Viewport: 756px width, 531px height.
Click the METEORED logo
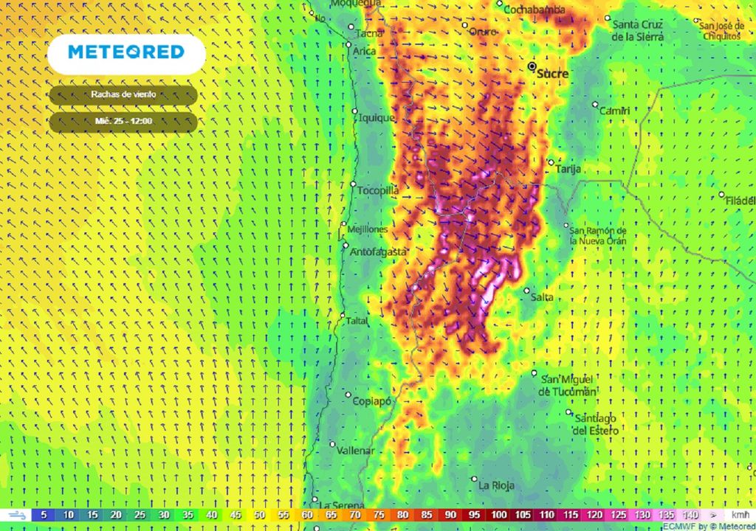pos(126,52)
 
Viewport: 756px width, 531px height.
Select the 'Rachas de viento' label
pos(123,94)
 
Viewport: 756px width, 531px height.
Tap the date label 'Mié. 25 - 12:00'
pos(123,121)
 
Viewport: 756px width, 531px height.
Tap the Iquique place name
pos(377,118)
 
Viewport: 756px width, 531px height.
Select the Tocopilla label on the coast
pos(378,190)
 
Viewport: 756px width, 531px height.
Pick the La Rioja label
pos(496,485)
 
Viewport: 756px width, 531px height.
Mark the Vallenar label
pos(356,450)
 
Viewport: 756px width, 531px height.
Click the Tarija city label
pos(568,169)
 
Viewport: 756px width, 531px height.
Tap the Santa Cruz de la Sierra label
pos(637,30)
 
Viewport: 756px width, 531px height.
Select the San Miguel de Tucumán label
pos(567,386)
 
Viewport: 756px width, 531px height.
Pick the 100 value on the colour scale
pos(500,515)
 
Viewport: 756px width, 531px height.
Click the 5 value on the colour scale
pos(44,515)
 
